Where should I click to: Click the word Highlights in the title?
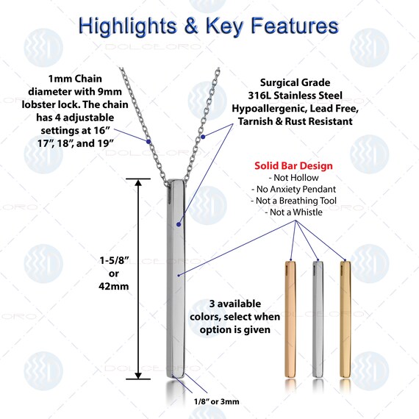(128, 26)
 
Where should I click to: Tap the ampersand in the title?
(191, 26)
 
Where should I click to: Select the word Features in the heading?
(295, 26)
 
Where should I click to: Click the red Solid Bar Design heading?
(293, 165)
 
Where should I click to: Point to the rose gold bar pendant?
(290, 319)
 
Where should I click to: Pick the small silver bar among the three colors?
(318, 319)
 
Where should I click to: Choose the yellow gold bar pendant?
(345, 319)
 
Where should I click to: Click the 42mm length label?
(113, 287)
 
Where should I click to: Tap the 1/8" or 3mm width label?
(216, 401)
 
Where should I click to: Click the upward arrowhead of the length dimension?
(138, 182)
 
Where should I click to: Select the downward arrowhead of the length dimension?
(138, 375)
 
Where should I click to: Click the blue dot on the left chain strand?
(148, 141)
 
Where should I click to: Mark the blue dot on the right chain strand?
(203, 137)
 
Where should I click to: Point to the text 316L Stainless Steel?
(295, 96)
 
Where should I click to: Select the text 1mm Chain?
(75, 79)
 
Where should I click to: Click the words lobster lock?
(50, 104)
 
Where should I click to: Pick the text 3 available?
(235, 304)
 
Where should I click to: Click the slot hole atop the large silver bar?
(170, 193)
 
